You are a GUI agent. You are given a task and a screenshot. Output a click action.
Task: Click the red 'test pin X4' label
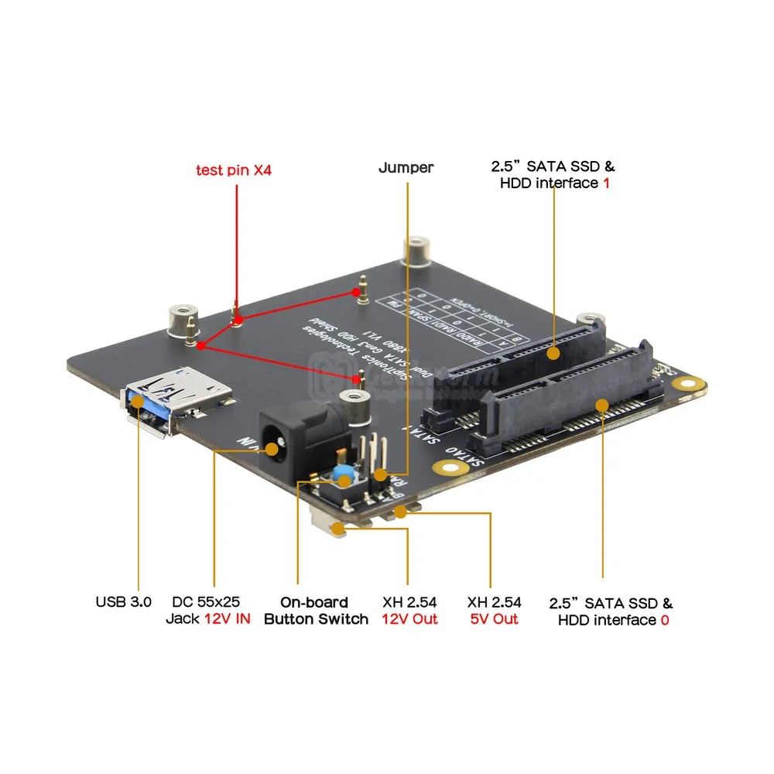pos(233,170)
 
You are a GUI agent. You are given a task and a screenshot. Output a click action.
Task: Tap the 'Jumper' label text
pos(406,167)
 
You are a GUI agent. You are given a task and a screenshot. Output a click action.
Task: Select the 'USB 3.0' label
pos(124,601)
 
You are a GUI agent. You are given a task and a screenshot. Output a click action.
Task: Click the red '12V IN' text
pos(228,619)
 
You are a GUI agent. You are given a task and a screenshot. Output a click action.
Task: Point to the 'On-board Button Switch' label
pos(316,611)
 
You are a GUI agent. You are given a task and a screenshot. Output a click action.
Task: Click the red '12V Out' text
pos(409,619)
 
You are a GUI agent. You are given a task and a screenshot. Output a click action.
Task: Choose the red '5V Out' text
pos(494,619)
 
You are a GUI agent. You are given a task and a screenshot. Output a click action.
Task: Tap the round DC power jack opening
pos(272,448)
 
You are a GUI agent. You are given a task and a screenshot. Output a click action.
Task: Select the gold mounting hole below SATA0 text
pos(446,467)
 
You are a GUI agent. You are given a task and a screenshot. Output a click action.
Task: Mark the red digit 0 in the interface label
pos(664,620)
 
